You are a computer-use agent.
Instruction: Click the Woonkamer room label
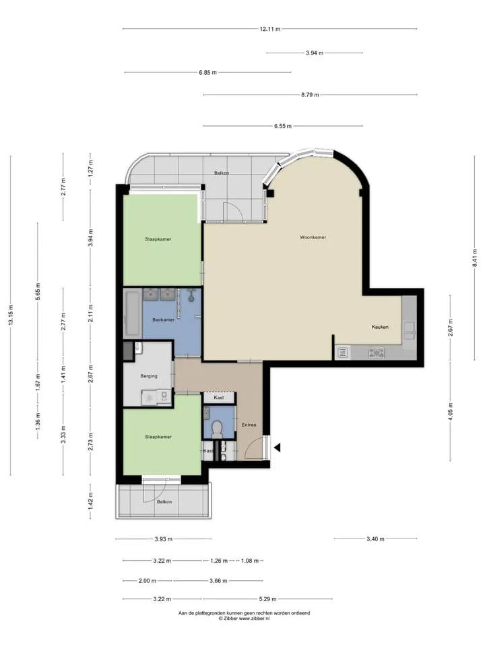point(313,237)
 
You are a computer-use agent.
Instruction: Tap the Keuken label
point(380,327)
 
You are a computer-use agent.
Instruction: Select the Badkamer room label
point(163,319)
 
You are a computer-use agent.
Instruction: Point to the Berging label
point(149,376)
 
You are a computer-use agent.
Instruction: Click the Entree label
point(249,425)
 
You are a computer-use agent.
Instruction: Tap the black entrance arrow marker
point(278,448)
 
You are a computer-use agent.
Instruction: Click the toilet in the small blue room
point(216,429)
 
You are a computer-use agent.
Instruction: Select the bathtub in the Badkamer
point(133,313)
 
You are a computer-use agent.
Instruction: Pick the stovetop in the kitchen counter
point(377,352)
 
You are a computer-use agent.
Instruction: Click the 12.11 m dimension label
point(270,29)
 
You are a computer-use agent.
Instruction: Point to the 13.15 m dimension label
point(11,315)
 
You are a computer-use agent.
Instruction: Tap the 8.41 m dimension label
point(475,257)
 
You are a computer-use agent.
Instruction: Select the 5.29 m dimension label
point(268,598)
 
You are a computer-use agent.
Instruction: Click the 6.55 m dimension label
point(283,126)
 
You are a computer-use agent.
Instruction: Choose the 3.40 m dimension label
point(375,539)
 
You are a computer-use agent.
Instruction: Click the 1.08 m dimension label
point(250,561)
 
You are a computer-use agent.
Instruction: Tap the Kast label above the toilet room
point(218,398)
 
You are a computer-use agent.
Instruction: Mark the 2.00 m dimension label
point(148,580)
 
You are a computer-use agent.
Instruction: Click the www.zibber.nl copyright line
point(244,619)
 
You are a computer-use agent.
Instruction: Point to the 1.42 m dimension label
point(91,500)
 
